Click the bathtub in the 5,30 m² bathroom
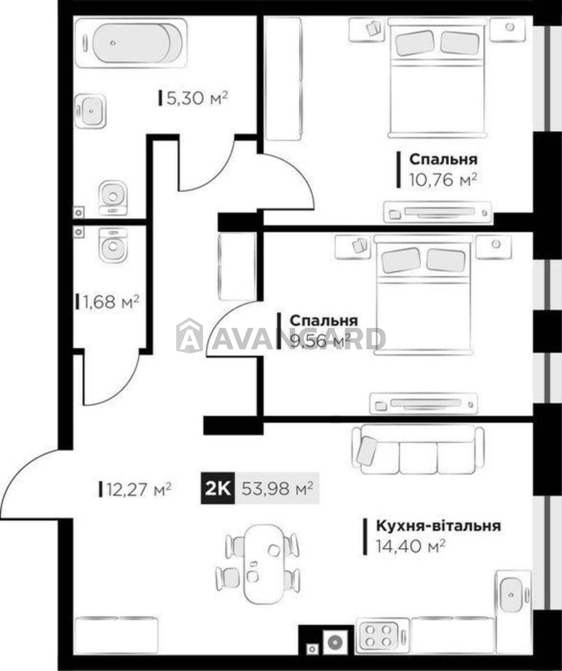[x=132, y=43]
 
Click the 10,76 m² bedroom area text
[x=443, y=180]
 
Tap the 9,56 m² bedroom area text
[x=320, y=342]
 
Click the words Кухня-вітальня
[x=438, y=526]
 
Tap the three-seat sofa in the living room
[x=419, y=450]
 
